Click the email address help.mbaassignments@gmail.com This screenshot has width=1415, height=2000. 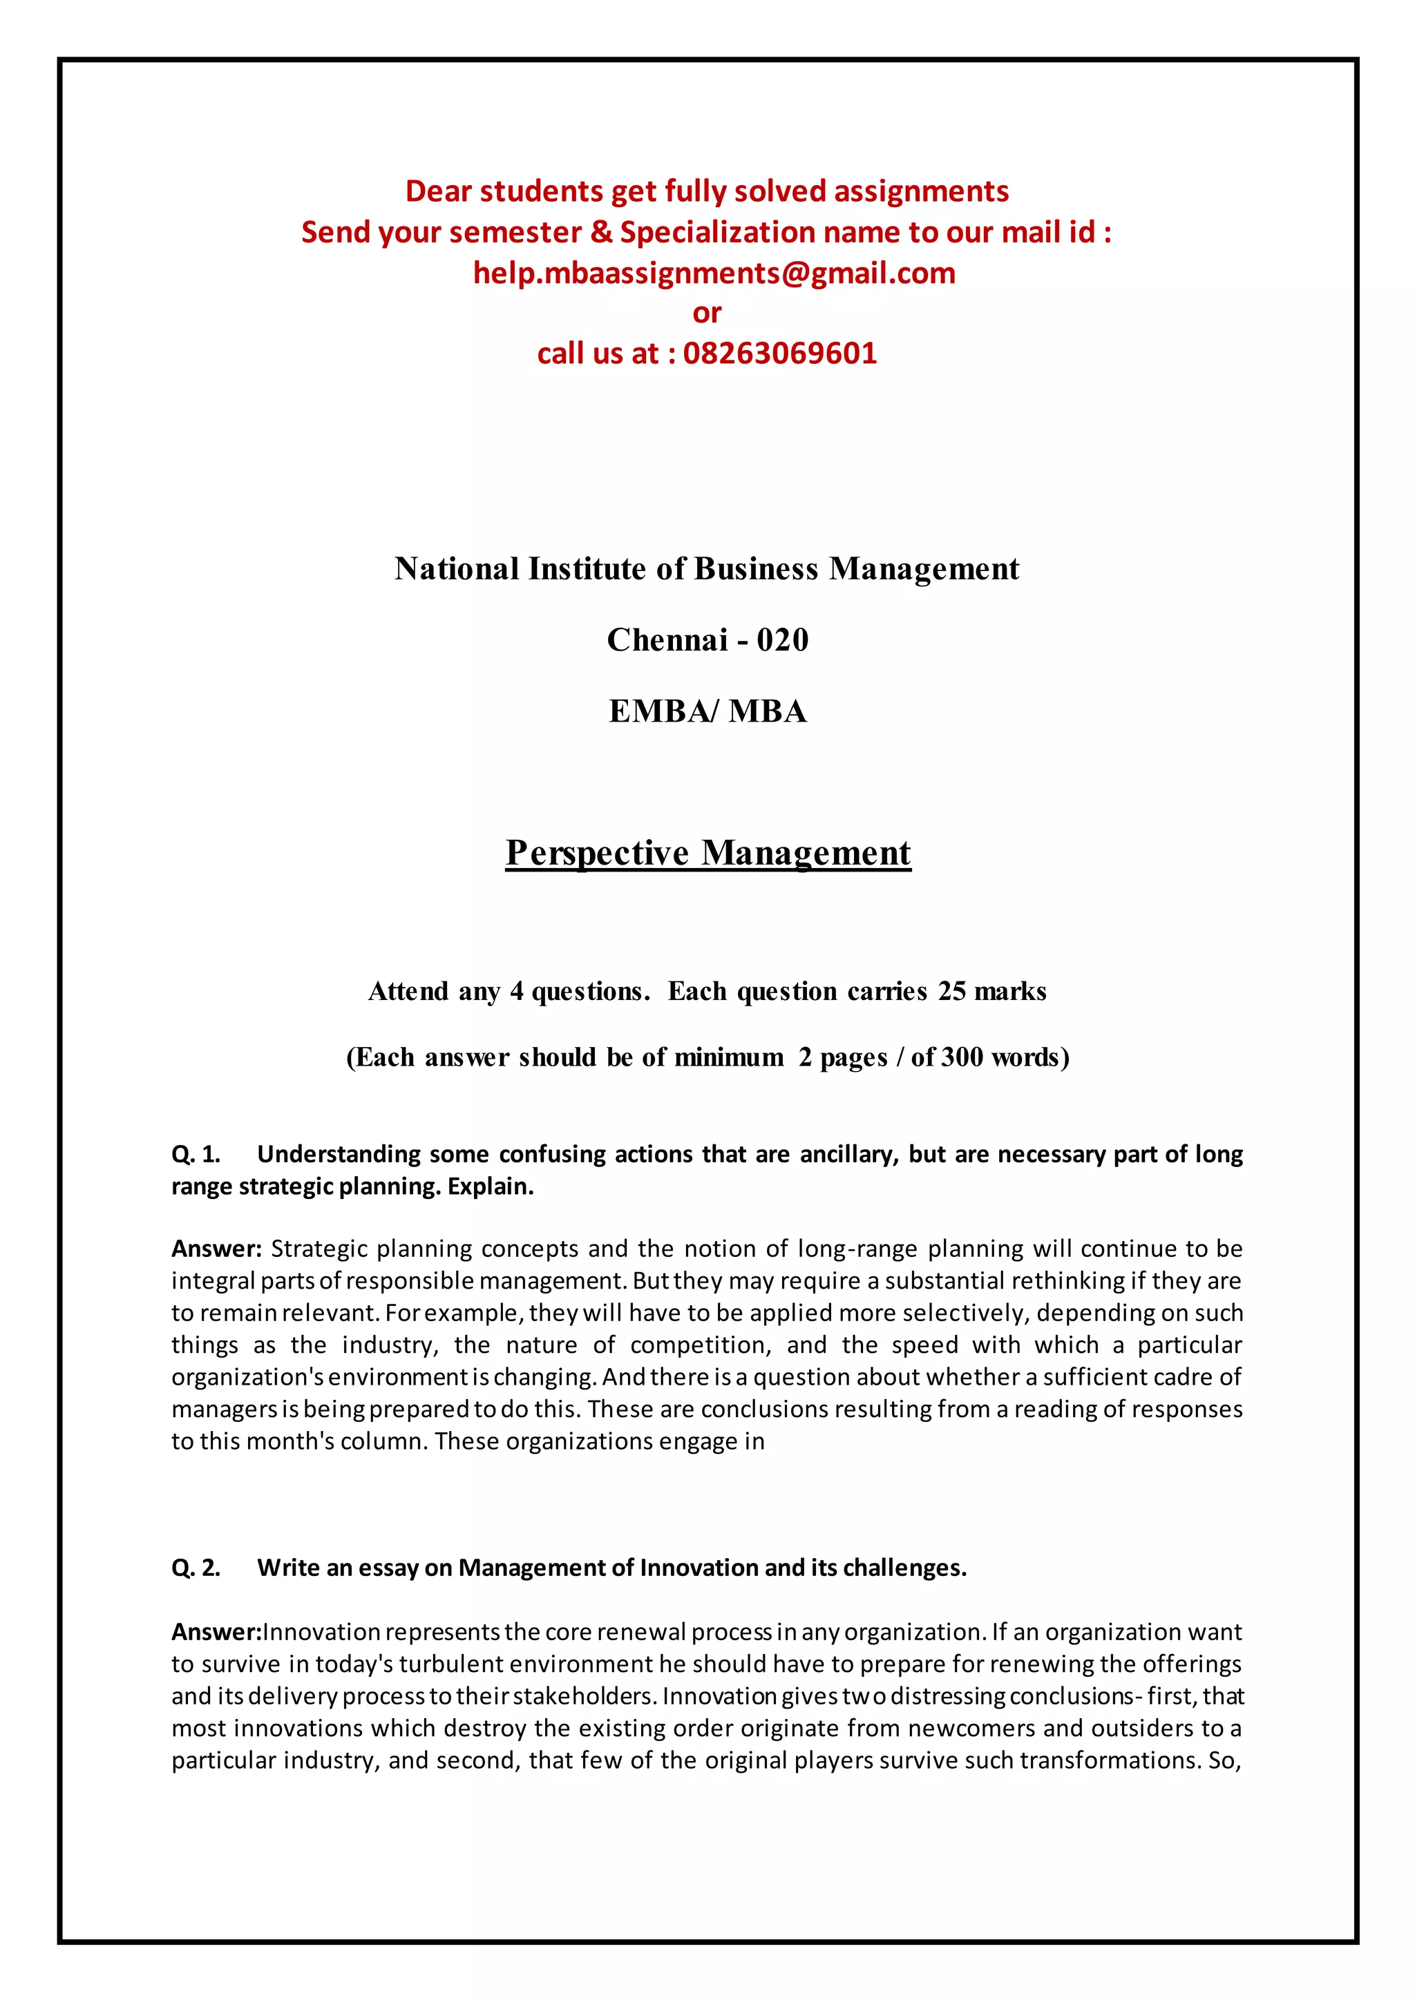click(x=714, y=273)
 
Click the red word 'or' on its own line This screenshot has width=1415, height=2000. click(x=707, y=313)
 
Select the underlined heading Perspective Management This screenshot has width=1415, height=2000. click(x=707, y=853)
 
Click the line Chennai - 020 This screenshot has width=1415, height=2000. click(x=707, y=640)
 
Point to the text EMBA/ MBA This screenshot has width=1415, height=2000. click(x=707, y=712)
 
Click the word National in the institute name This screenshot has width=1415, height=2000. click(x=457, y=569)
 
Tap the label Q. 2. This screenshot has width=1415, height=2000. click(x=195, y=1568)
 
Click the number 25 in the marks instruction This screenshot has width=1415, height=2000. click(x=951, y=991)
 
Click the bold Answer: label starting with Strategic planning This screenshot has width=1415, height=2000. click(x=216, y=1249)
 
